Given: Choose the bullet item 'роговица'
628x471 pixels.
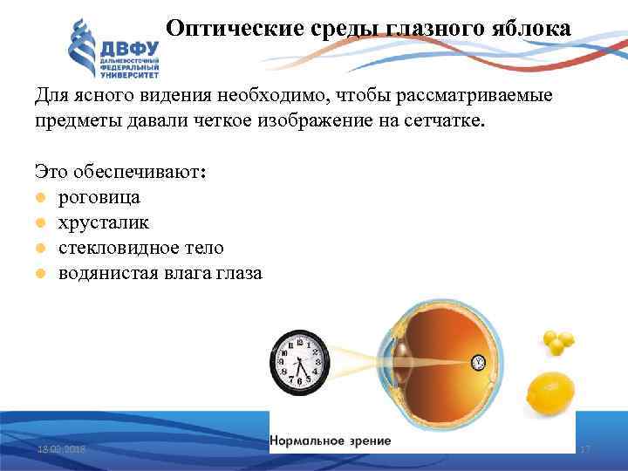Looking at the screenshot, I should (99, 197).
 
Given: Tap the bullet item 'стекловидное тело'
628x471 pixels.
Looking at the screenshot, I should (140, 248).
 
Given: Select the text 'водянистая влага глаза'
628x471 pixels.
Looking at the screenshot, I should (160, 273).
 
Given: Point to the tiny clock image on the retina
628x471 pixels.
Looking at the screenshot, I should (477, 361).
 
